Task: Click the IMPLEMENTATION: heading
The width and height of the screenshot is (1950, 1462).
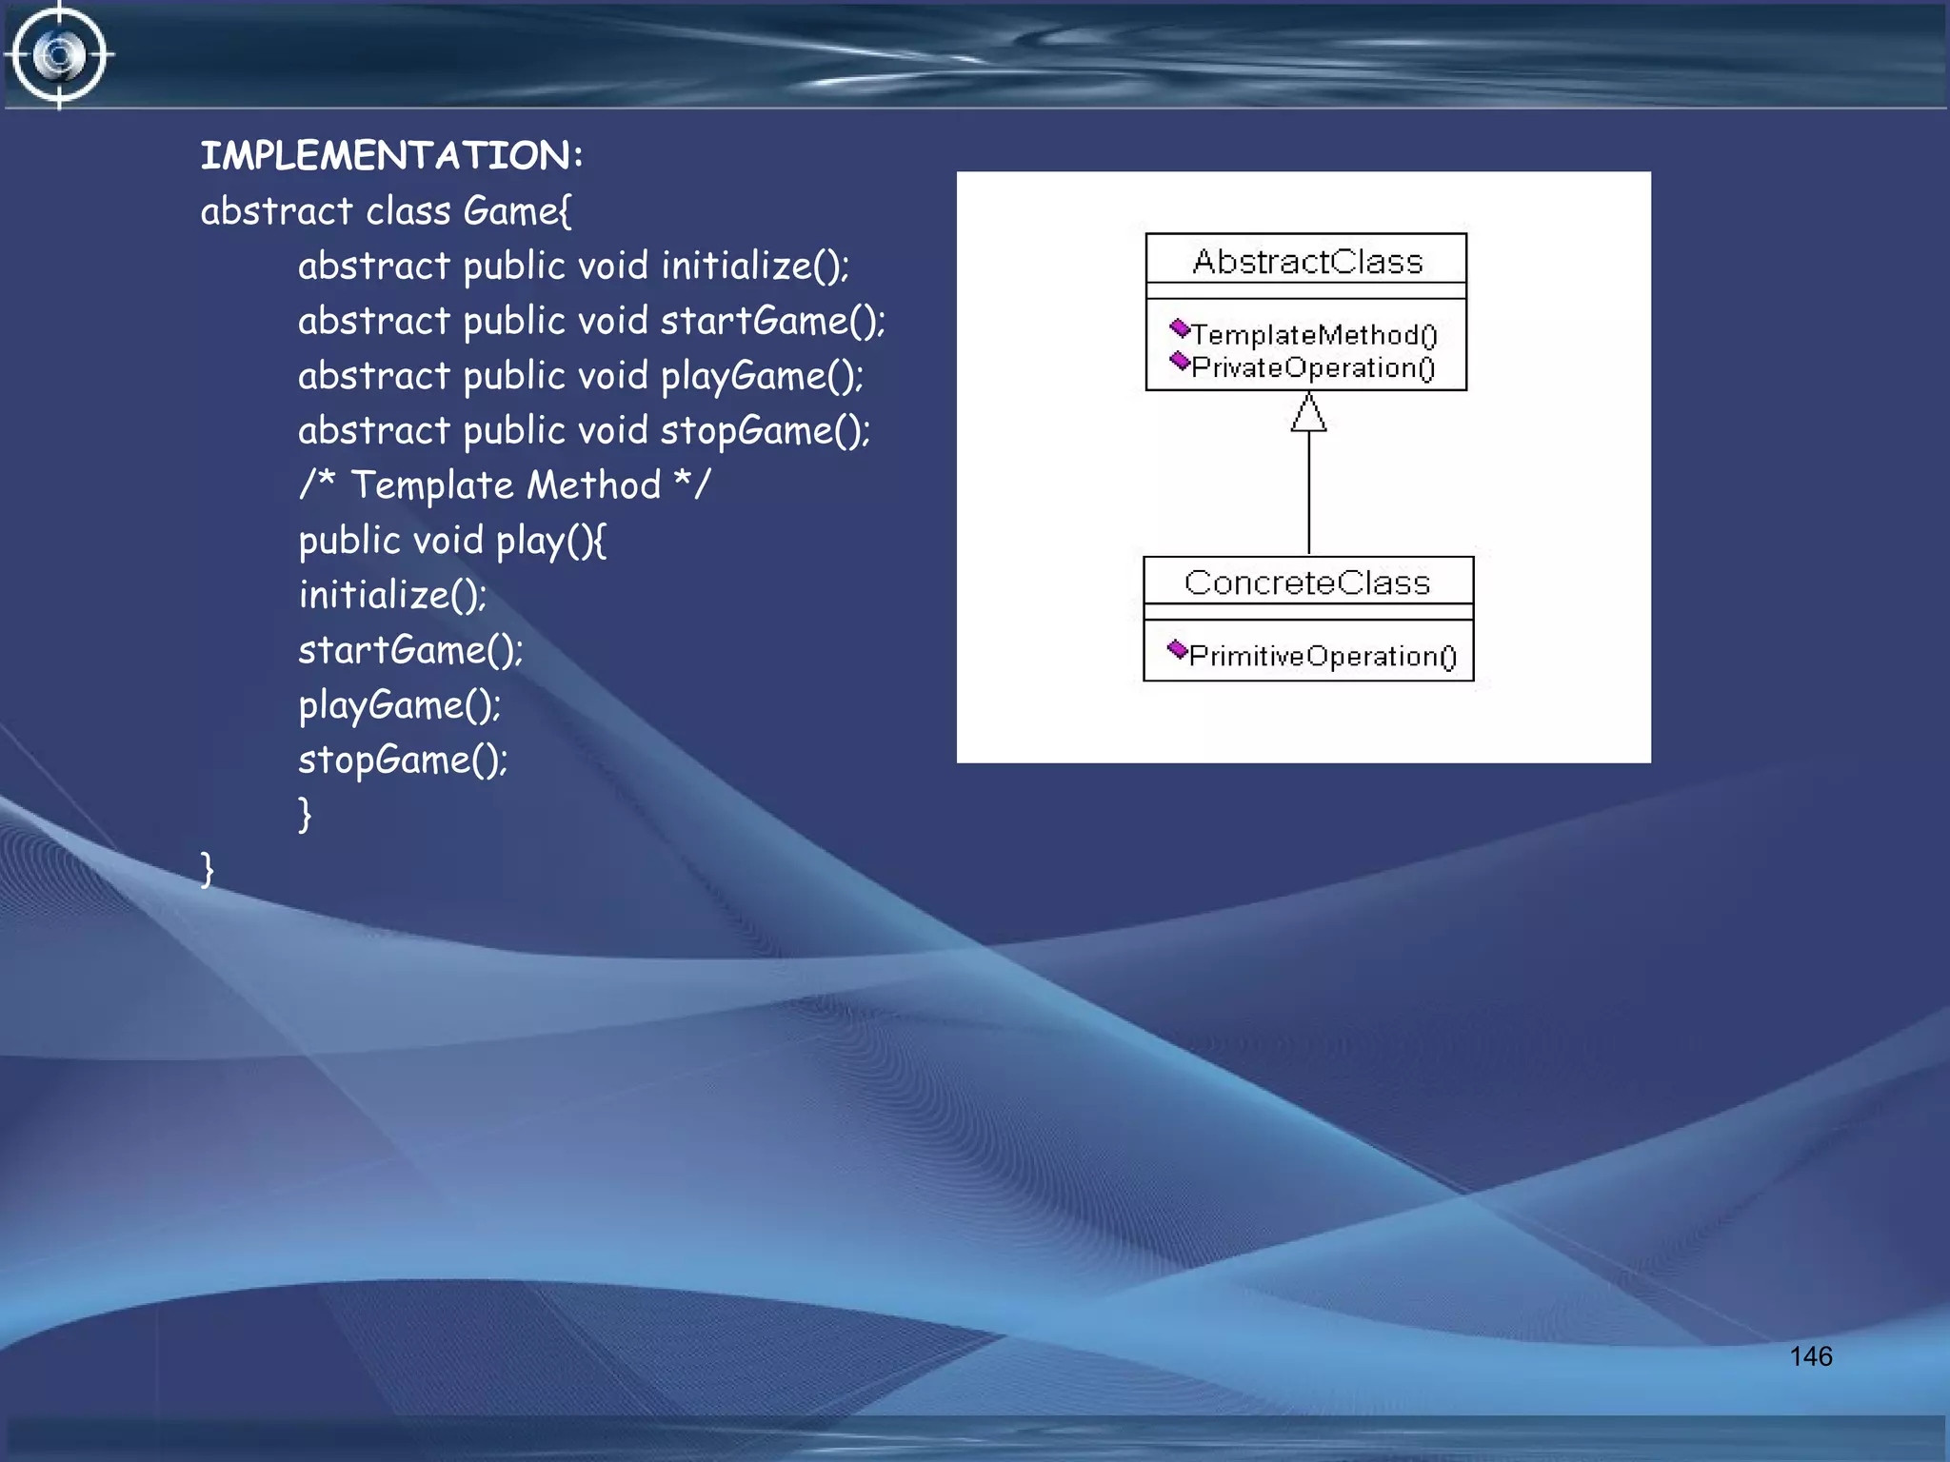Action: click(x=390, y=155)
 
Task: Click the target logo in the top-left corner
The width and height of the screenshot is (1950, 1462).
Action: click(x=59, y=55)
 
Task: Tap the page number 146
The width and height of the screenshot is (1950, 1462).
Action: click(x=1810, y=1356)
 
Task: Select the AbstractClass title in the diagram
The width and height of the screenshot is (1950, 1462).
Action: click(x=1307, y=261)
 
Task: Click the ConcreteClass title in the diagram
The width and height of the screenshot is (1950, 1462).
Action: click(x=1307, y=582)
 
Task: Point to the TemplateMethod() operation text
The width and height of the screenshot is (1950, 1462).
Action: click(x=1314, y=335)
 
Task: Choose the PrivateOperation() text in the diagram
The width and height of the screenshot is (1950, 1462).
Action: click(x=1313, y=367)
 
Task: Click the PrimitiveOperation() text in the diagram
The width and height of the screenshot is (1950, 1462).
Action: click(x=1323, y=656)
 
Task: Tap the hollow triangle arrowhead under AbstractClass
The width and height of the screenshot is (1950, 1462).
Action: click(x=1308, y=413)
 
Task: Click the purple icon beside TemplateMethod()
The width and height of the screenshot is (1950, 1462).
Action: click(x=1180, y=329)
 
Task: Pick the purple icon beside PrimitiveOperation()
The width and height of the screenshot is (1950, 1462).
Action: click(x=1178, y=650)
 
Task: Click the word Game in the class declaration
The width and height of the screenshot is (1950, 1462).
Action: click(x=512, y=211)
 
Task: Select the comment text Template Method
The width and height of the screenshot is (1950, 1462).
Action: click(x=506, y=485)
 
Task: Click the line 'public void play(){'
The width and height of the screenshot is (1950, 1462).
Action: click(x=452, y=541)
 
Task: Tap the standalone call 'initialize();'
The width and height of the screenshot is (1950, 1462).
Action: click(x=392, y=595)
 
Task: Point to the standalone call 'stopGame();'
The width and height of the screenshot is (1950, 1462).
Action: click(x=403, y=760)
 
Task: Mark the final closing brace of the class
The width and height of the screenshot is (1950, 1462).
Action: click(x=208, y=869)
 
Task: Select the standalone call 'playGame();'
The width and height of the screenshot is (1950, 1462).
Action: click(x=400, y=705)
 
